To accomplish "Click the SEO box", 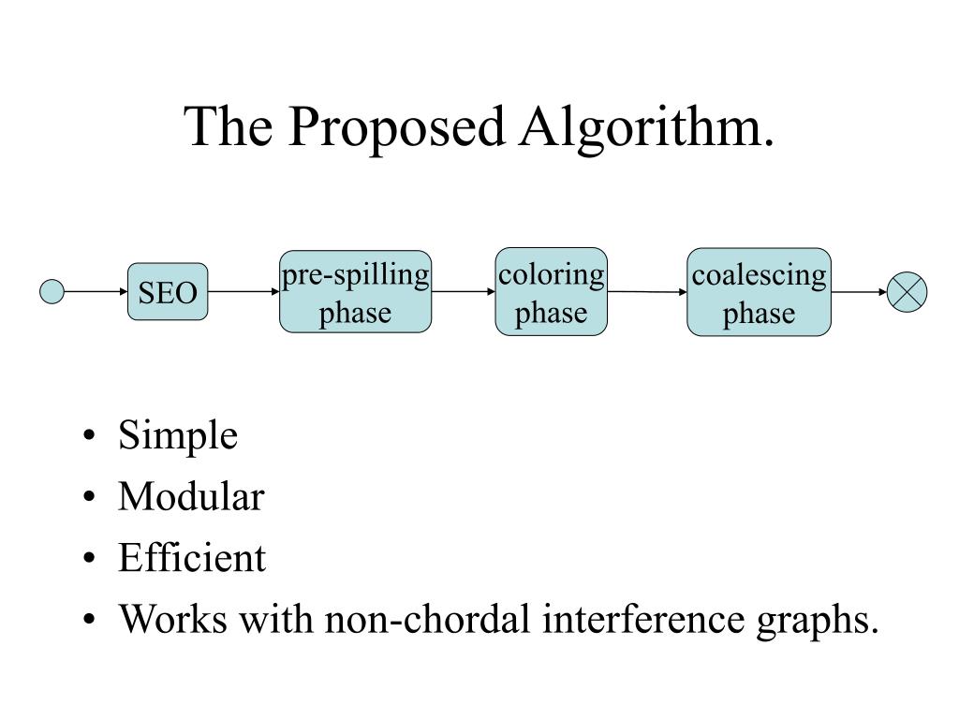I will pos(168,292).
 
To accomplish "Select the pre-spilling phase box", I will pos(355,292).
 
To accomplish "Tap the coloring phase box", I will pos(551,292).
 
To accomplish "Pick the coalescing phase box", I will pos(759,292).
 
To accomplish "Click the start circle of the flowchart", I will pos(52,292).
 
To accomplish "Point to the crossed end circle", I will pos(907,292).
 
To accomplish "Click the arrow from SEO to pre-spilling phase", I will pos(243,292).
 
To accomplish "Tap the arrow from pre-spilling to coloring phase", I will pos(463,292).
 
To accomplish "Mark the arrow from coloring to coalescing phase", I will pos(647,292).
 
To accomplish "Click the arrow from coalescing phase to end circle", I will pos(859,292).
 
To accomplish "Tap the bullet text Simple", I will pos(178,435).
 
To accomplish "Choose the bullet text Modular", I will pos(191,497).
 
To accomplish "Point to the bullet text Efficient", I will pos(192,559).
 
